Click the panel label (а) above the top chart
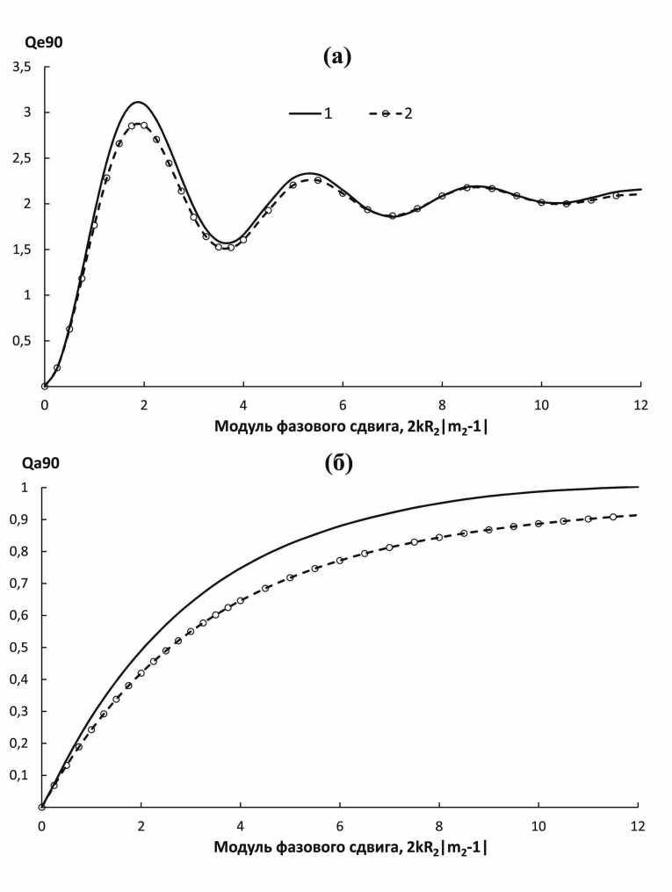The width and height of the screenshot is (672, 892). point(337,57)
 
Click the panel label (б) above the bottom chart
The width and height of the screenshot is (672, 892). point(337,463)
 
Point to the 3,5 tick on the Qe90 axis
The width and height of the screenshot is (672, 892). point(21,67)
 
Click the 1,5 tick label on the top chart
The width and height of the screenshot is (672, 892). point(21,250)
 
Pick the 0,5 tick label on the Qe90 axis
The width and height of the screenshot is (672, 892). point(21,341)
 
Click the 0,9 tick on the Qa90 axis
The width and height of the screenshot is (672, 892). point(21,519)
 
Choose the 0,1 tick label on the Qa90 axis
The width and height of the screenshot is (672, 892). point(21,775)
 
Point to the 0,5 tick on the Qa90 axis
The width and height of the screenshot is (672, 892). point(21,648)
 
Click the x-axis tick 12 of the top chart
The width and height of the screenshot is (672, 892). point(640,403)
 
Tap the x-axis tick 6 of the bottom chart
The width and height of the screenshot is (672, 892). point(339,826)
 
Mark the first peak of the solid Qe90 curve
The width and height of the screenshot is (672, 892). point(138,102)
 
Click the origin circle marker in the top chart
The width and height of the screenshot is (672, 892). point(44,386)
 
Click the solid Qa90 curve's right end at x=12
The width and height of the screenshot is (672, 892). point(638,487)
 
